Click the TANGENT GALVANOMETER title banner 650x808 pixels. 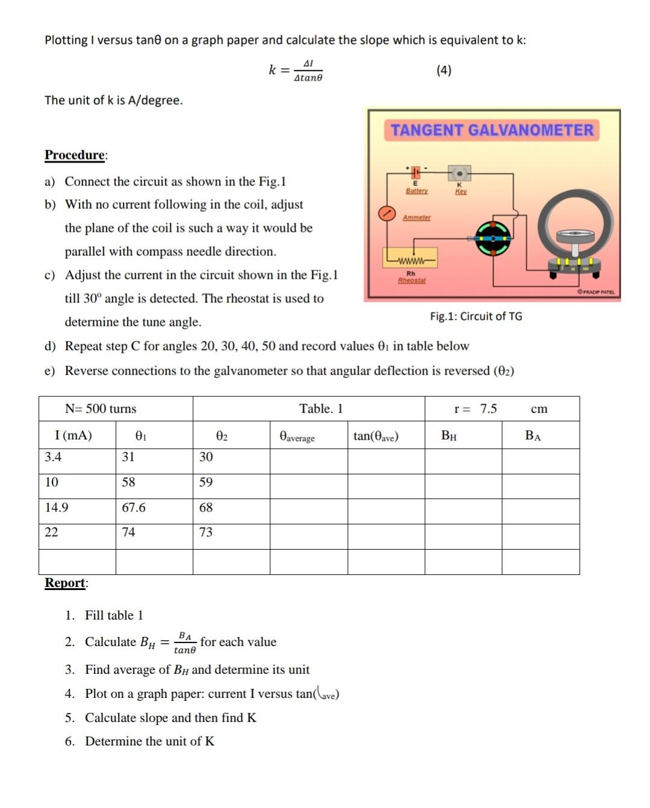click(492, 130)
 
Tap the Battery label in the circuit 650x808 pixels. click(416, 191)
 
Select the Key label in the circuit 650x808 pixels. click(460, 191)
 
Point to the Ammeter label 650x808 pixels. click(416, 217)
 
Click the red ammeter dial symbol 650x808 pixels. click(386, 213)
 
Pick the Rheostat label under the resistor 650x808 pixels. click(412, 281)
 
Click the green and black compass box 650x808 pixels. click(493, 238)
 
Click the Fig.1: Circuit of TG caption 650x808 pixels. click(475, 316)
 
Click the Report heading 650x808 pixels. click(66, 582)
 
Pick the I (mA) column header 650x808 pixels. click(73, 435)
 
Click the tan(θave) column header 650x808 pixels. click(376, 436)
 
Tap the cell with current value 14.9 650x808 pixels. click(57, 508)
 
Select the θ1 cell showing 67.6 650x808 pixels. click(134, 508)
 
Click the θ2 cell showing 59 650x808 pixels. click(206, 482)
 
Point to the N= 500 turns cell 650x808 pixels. click(101, 409)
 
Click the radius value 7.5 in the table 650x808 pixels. click(488, 409)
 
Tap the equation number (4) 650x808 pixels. click(444, 70)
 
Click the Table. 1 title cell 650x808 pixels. click(321, 409)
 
